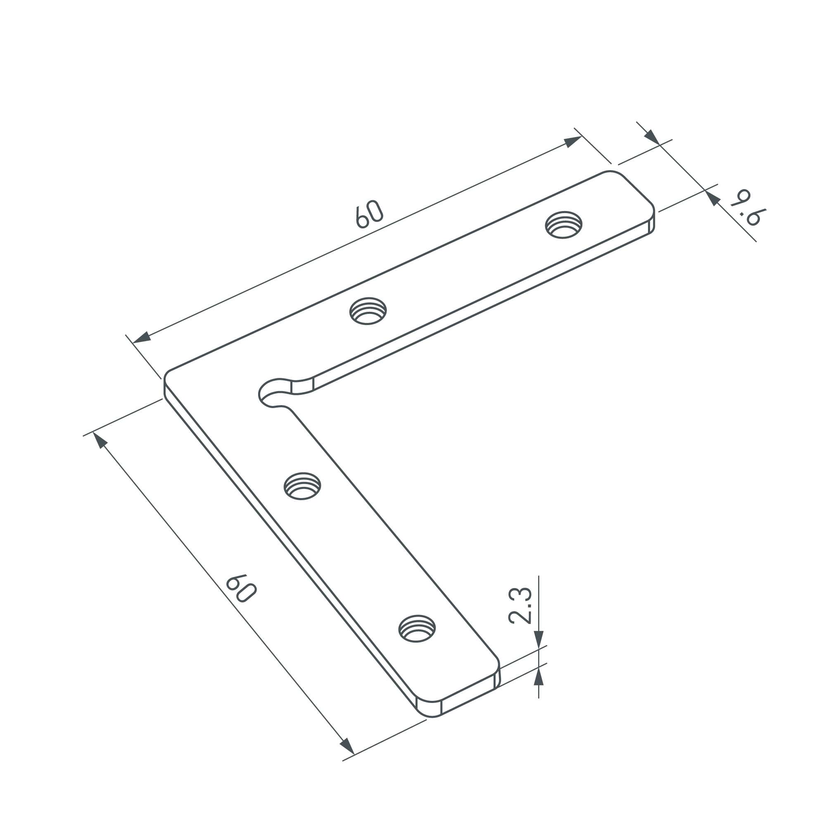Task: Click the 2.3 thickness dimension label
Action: point(520,606)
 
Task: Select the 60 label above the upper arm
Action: point(369,214)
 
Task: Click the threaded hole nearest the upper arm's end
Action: point(563,224)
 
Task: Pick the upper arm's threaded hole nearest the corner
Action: point(368,311)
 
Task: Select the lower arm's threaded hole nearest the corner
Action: point(303,486)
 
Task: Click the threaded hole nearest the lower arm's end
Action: point(417,629)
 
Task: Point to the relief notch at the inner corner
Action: point(274,392)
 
